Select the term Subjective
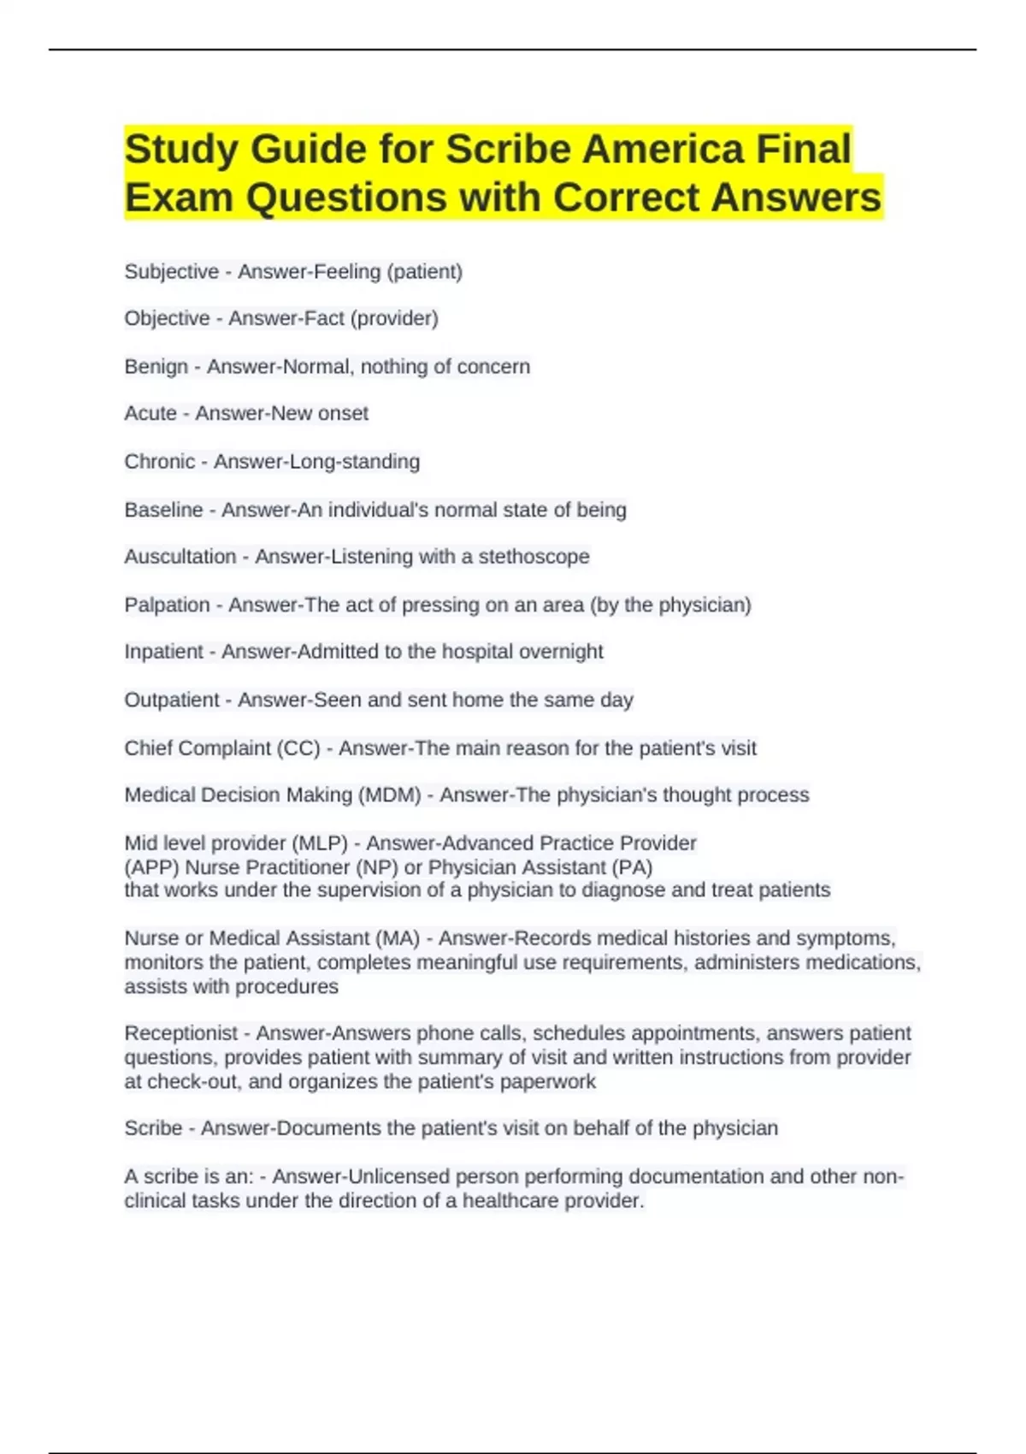(171, 272)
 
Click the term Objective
(167, 319)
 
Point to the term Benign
(156, 367)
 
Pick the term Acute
(150, 414)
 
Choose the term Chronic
(160, 462)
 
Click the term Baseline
(163, 510)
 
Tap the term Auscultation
(180, 557)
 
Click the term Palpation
(167, 605)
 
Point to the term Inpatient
(163, 652)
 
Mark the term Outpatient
(171, 700)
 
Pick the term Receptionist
(180, 1033)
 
